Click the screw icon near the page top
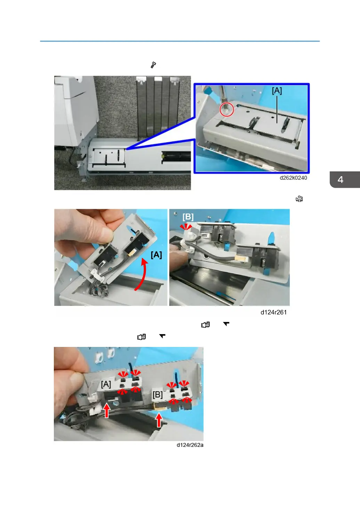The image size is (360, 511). (153, 65)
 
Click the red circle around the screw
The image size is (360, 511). (227, 109)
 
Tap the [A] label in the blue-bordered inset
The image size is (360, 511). (277, 91)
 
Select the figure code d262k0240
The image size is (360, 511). (293, 178)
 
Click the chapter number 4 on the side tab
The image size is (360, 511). (341, 180)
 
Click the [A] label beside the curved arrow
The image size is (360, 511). (156, 255)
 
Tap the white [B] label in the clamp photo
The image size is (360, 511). (188, 217)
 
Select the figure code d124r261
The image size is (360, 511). (273, 312)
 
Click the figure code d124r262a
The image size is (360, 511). (190, 445)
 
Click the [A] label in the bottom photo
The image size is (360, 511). (106, 384)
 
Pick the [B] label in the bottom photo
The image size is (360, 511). (157, 395)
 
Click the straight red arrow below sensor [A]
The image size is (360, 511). (106, 410)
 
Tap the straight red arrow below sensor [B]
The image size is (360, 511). (159, 420)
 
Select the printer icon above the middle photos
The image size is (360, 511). (299, 199)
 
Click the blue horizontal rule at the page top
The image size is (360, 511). (180, 41)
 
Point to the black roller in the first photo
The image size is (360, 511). (176, 157)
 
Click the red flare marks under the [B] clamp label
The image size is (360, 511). (186, 227)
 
